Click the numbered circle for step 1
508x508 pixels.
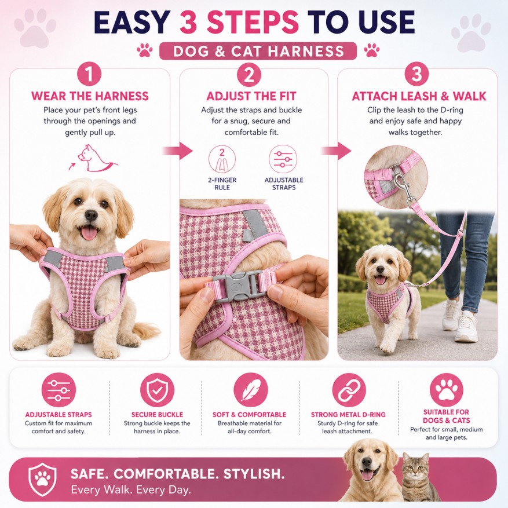[89, 74]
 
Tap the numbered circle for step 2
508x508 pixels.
[249, 75]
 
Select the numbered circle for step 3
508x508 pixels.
[416, 74]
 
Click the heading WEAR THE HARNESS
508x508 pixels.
[90, 96]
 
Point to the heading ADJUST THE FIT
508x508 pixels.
[251, 96]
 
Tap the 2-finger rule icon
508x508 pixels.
[222, 159]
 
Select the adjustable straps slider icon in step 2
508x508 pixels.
[283, 159]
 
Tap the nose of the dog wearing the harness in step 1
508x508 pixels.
[91, 215]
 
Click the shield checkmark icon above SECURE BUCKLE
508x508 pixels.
[157, 390]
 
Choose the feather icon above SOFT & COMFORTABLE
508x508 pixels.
[250, 390]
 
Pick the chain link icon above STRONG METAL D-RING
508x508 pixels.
[349, 390]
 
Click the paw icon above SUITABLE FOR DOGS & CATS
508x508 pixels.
[447, 390]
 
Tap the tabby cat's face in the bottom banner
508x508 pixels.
[416, 468]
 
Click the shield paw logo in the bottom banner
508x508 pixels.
[42, 479]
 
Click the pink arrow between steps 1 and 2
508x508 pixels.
[177, 151]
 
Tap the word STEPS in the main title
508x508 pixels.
[239, 22]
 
